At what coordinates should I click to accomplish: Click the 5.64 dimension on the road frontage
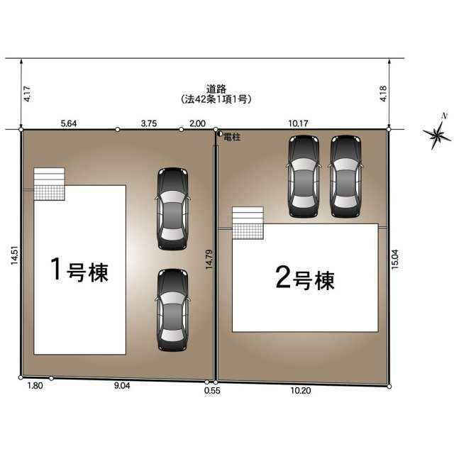(x=69, y=123)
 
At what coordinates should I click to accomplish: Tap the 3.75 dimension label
(x=149, y=123)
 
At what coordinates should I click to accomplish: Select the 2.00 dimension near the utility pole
(x=197, y=123)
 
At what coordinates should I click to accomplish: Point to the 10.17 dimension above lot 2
(x=298, y=123)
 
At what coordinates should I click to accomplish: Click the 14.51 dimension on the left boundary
(x=14, y=255)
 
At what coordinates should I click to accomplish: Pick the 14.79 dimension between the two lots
(x=209, y=260)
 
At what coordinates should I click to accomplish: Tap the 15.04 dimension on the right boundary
(x=395, y=260)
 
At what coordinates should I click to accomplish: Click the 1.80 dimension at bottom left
(x=35, y=386)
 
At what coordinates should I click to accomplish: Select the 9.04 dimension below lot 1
(x=122, y=386)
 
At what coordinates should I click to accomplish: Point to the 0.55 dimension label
(x=212, y=391)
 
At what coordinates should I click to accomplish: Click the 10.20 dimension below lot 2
(x=301, y=391)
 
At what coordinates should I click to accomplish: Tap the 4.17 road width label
(x=27, y=94)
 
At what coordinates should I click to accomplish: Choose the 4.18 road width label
(x=383, y=94)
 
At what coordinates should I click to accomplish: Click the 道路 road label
(x=216, y=89)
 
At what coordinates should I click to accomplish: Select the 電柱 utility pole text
(x=232, y=137)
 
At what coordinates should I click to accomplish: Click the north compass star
(x=437, y=134)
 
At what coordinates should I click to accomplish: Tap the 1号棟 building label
(x=79, y=270)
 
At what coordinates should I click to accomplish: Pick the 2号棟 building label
(x=305, y=279)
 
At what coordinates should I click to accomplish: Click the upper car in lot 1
(x=172, y=209)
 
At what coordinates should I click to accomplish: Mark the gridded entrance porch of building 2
(x=248, y=231)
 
